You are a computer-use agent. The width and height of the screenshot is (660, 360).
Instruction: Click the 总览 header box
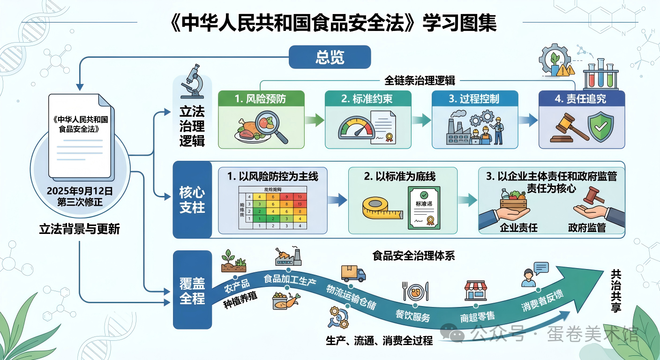pyautogui.click(x=330, y=57)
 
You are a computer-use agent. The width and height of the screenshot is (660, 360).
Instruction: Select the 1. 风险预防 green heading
pyautogui.click(x=261, y=99)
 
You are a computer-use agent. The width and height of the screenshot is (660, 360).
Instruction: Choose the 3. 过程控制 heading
pyautogui.click(x=474, y=99)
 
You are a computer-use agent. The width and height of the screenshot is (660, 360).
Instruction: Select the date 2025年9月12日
pyautogui.click(x=80, y=191)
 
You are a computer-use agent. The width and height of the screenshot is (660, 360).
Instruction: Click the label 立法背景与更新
pyautogui.click(x=80, y=229)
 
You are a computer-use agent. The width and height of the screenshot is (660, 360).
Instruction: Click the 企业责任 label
pyautogui.click(x=518, y=228)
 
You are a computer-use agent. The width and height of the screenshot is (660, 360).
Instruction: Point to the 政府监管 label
pyautogui.click(x=587, y=228)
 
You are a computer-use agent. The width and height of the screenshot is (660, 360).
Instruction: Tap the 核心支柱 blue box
pyautogui.click(x=192, y=200)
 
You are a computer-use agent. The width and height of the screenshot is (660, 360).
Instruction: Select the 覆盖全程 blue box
pyautogui.click(x=192, y=290)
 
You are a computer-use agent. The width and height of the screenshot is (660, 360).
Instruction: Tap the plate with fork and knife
pyautogui.click(x=415, y=291)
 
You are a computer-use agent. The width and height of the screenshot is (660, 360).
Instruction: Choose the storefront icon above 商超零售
pyautogui.click(x=475, y=291)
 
